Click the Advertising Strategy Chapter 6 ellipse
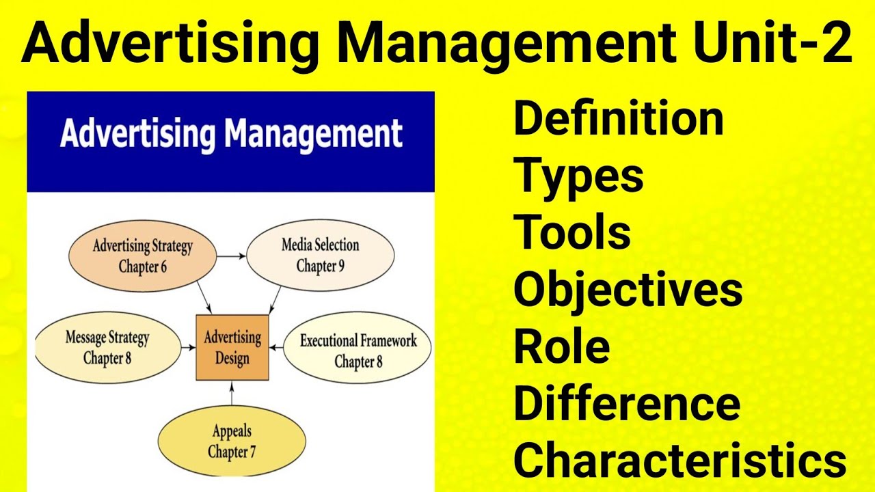point(142,256)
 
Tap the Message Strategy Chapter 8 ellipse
point(107,347)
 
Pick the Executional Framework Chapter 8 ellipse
point(358,351)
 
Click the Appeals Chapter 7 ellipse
point(231,441)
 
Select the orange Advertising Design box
point(232,347)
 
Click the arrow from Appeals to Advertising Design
point(232,396)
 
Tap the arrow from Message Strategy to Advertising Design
point(187,347)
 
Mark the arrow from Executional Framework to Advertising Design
point(275,348)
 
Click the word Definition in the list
point(618,118)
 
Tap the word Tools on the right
point(572,232)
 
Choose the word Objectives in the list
point(628,289)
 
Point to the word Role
point(562,346)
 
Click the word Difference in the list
point(626,403)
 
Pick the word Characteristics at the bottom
point(679,460)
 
